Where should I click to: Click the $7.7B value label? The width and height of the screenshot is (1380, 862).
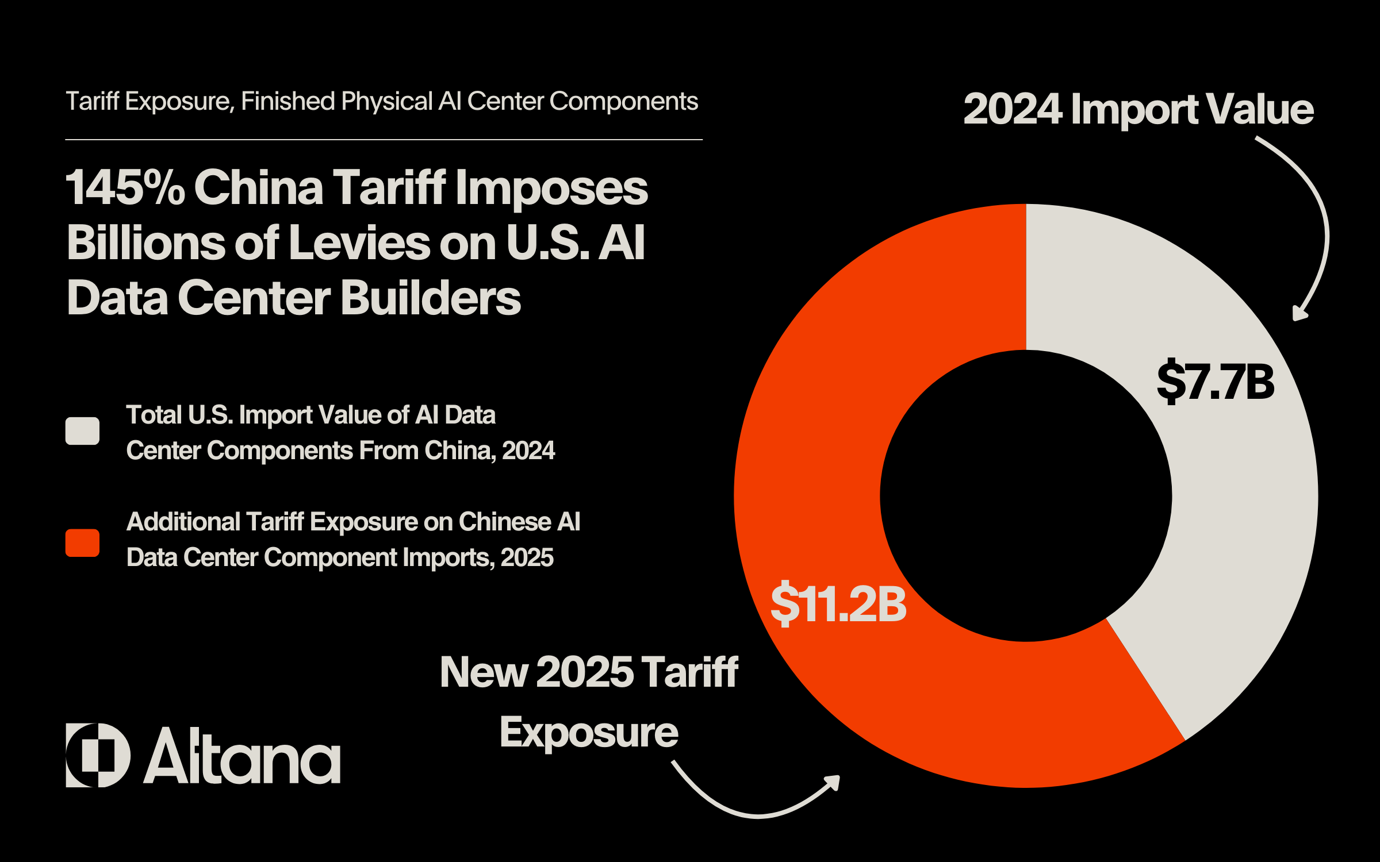(1216, 382)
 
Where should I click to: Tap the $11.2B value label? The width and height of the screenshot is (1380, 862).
(838, 604)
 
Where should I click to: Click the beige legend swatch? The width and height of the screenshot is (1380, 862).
(82, 431)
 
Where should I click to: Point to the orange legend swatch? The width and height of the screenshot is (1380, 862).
(82, 543)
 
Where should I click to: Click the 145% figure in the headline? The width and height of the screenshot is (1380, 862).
(125, 188)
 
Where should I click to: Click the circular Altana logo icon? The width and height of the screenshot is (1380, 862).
(98, 755)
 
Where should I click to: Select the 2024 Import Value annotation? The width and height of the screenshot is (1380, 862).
(1138, 109)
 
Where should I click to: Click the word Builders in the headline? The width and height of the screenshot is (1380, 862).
(431, 298)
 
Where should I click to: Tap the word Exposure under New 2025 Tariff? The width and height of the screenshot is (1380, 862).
(589, 733)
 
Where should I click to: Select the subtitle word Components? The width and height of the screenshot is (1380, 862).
(623, 102)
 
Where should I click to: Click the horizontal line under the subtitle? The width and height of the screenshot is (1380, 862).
(384, 140)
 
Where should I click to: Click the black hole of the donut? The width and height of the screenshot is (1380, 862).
(1026, 495)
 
